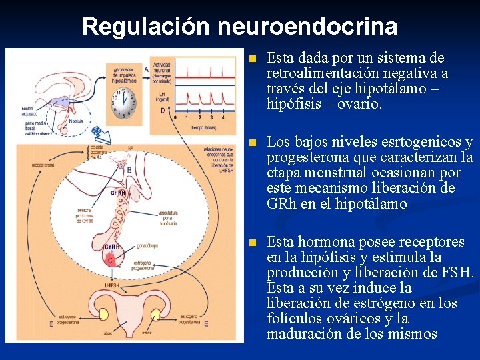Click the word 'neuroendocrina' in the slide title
pos(307,27)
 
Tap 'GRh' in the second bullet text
pos(281,204)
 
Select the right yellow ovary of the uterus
pos(156,315)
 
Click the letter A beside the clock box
pos(146,69)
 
